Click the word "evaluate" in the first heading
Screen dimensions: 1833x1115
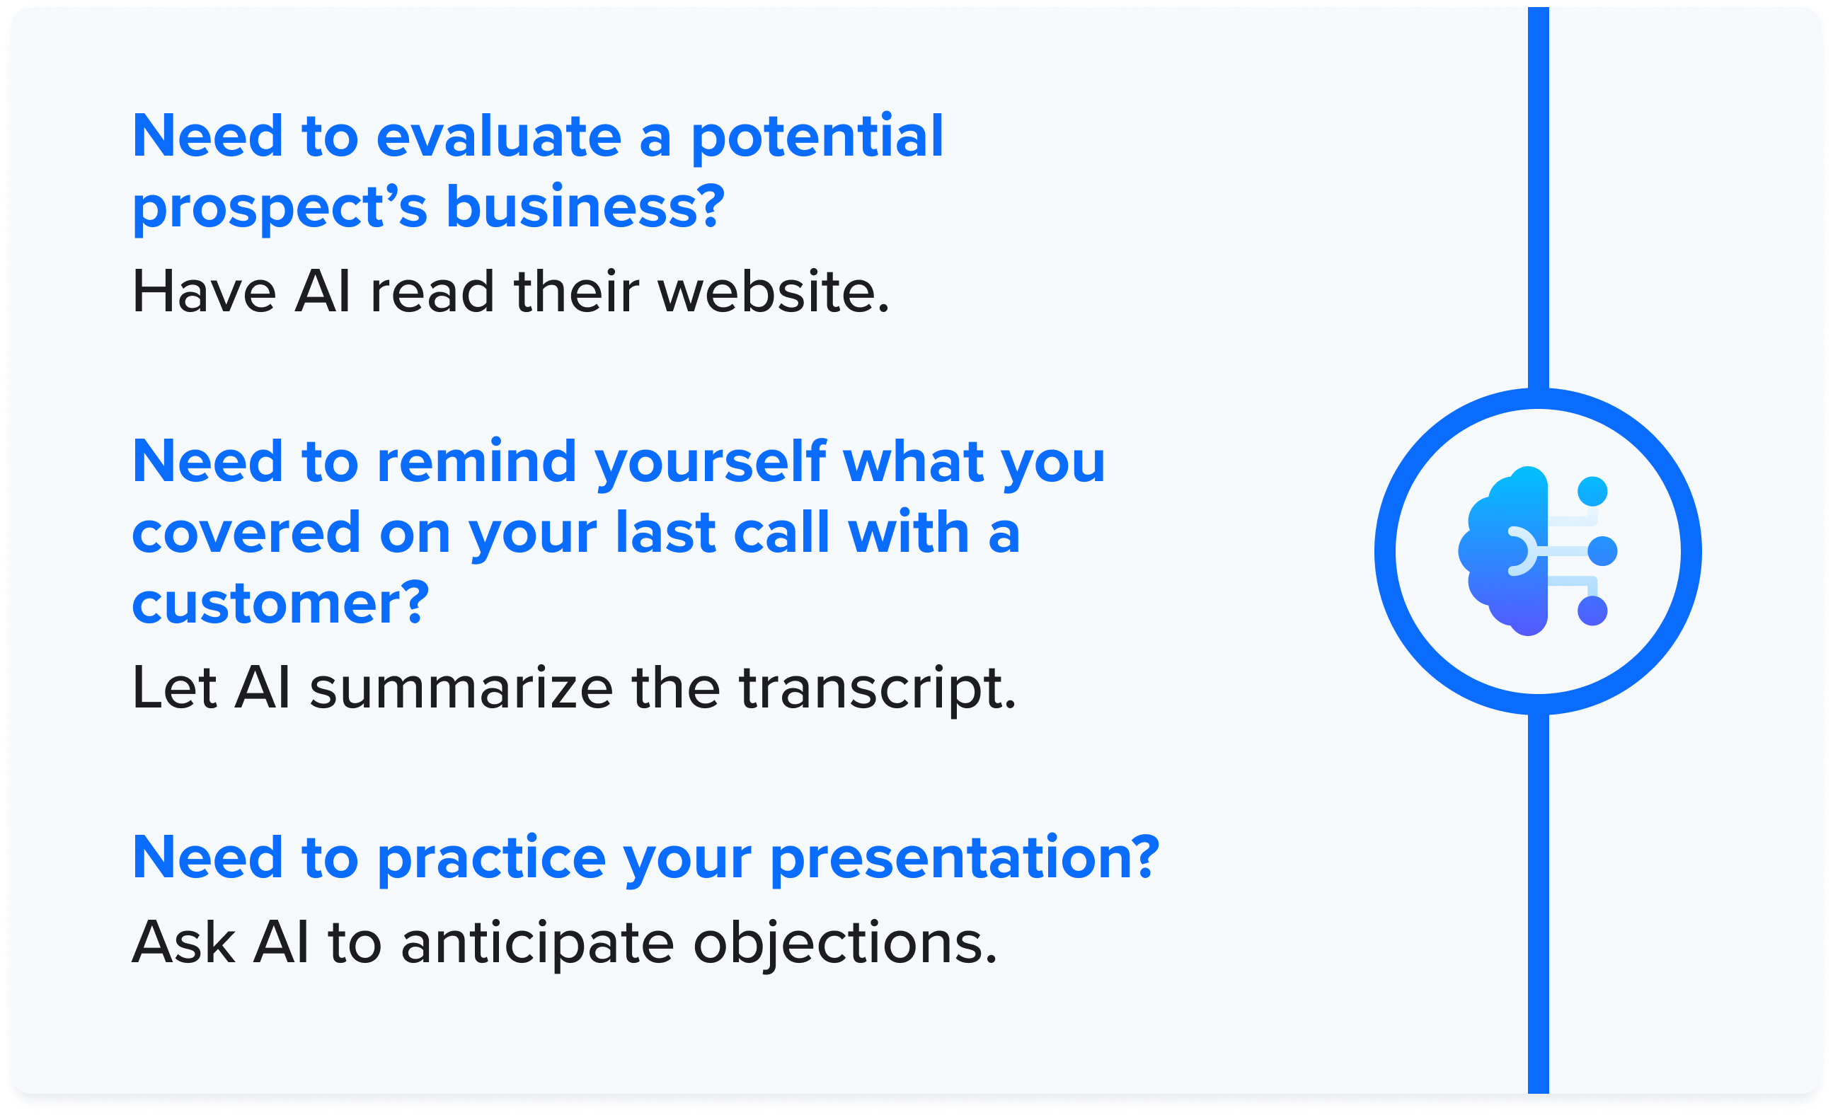point(499,137)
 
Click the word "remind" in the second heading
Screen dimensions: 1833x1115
point(477,462)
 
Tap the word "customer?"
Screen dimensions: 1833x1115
point(280,603)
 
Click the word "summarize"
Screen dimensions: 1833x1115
point(461,688)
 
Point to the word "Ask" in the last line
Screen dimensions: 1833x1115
point(184,942)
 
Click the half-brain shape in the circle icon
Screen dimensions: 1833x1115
point(1505,551)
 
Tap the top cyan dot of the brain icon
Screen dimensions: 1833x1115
point(1592,492)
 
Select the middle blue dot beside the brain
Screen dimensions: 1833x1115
point(1602,551)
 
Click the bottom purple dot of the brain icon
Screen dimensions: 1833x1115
point(1592,611)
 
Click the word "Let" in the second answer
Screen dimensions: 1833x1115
point(175,688)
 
